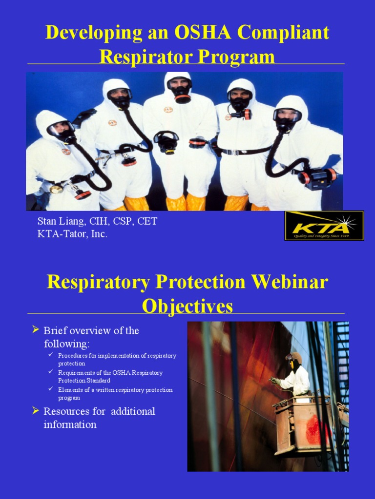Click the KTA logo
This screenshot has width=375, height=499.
point(324,225)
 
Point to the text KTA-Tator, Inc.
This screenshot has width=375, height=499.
point(72,234)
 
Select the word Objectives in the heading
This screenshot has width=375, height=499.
point(187,307)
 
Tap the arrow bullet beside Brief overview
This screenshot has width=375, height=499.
point(35,330)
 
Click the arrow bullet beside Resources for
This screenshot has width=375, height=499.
point(35,410)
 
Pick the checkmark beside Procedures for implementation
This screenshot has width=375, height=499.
point(51,355)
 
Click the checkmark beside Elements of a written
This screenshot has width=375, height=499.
point(51,389)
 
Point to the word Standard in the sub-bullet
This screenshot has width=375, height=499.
point(97,381)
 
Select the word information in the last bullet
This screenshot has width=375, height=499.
point(70,424)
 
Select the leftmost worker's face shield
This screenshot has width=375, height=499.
point(61,128)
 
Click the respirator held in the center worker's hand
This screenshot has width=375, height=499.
point(167,141)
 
